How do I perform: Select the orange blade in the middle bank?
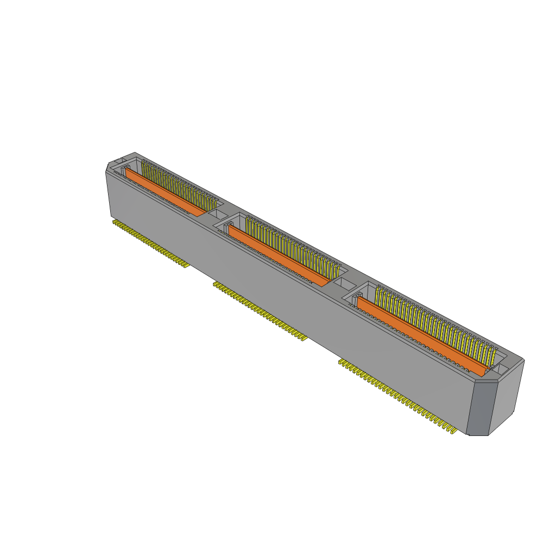pos(277,255)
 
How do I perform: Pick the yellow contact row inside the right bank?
pos(434,326)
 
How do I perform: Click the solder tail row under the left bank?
pos(149,243)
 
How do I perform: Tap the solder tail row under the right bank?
pos(396,395)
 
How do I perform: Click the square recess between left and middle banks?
pos(217,214)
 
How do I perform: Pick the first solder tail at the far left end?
pos(115,222)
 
